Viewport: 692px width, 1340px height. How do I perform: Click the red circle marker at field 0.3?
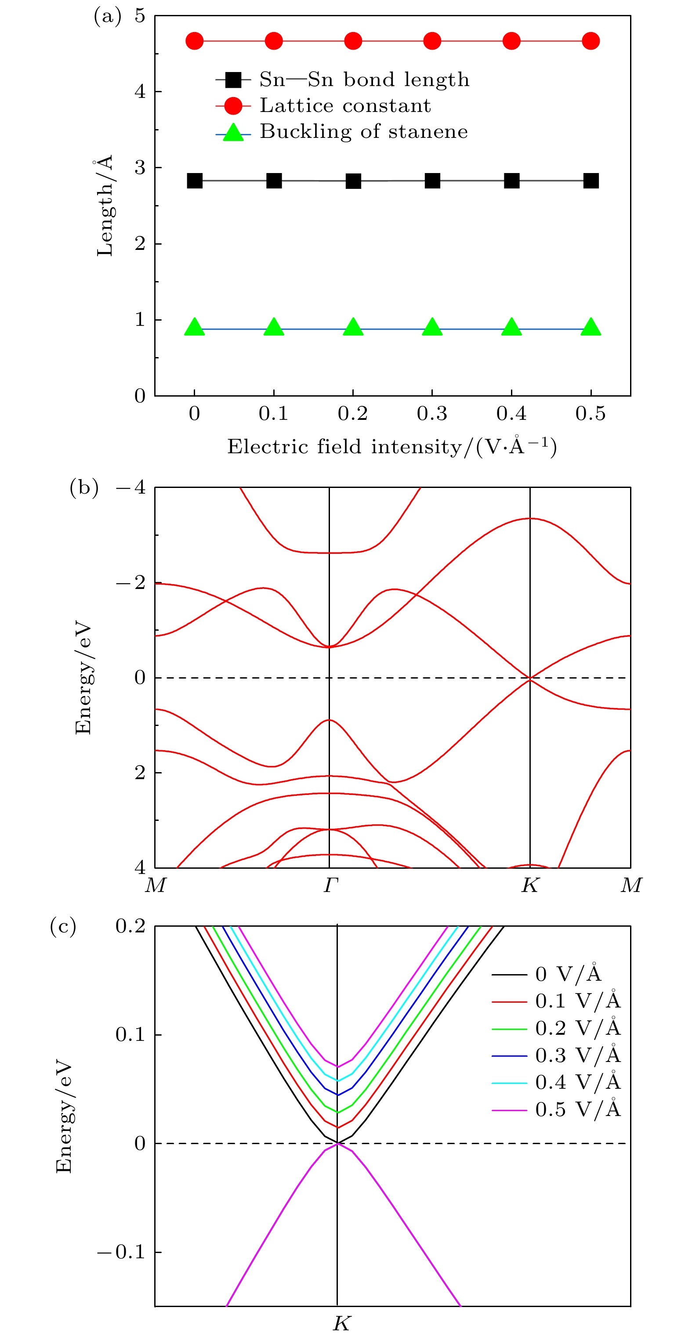[432, 41]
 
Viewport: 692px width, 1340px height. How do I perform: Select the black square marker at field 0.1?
[274, 181]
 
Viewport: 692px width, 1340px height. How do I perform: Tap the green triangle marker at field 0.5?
[591, 327]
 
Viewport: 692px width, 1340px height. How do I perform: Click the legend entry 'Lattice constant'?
[345, 105]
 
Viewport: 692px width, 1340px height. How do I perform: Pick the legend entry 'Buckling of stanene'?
[363, 132]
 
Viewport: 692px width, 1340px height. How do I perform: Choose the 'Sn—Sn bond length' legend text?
[364, 79]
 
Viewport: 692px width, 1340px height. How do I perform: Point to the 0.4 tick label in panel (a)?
[511, 414]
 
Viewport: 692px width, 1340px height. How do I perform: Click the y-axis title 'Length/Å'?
[105, 206]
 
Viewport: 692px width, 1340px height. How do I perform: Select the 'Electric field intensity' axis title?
[391, 447]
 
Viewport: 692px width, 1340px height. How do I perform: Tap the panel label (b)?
[84, 488]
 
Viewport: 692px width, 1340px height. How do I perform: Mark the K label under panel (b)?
[530, 885]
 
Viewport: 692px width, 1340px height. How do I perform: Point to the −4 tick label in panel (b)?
[130, 488]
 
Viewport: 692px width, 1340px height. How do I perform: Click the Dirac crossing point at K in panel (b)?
[530, 678]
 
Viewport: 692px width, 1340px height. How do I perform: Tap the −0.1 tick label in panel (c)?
[121, 1252]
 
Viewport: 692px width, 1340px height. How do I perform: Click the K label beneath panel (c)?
[341, 1323]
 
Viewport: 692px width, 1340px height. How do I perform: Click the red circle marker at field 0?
[195, 41]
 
